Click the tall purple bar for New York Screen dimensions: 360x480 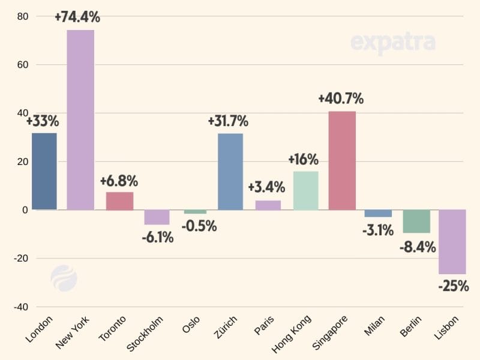pyautogui.click(x=80, y=120)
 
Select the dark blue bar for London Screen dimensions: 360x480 pyautogui.click(x=44, y=171)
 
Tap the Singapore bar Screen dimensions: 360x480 pyautogui.click(x=342, y=160)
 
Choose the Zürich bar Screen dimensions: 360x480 pyautogui.click(x=230, y=172)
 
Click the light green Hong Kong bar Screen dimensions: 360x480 pyautogui.click(x=305, y=190)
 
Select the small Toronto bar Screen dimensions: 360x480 pyautogui.click(x=119, y=201)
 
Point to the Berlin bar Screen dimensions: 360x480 pyautogui.click(x=416, y=221)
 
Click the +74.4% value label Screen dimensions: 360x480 pyautogui.click(x=77, y=17)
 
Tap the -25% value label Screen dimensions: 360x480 pyautogui.click(x=454, y=286)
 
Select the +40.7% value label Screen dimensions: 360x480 pyautogui.click(x=341, y=98)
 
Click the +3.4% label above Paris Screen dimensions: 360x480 pyautogui.click(x=268, y=187)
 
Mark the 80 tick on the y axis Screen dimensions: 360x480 pyautogui.click(x=22, y=16)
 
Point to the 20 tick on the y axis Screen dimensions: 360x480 pyautogui.click(x=22, y=161)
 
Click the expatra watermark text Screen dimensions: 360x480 pyautogui.click(x=392, y=43)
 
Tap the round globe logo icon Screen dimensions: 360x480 pyautogui.click(x=64, y=278)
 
